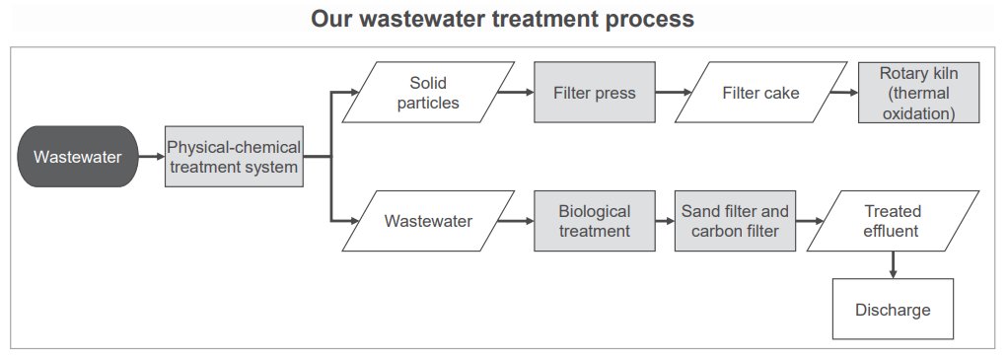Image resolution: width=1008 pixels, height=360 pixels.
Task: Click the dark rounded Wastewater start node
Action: [x=78, y=156]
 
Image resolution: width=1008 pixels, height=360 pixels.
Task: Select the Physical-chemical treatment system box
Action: [x=234, y=156]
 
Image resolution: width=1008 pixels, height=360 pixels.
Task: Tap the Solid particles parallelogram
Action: [x=428, y=92]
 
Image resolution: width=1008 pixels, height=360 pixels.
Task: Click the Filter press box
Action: [x=595, y=92]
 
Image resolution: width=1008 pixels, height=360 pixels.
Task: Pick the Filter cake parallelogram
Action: [x=760, y=92]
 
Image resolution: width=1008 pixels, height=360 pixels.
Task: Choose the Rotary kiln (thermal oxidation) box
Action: [x=918, y=92]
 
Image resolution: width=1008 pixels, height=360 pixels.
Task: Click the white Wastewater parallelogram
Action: [x=428, y=221]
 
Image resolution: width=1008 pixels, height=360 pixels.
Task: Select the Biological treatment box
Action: [x=595, y=221]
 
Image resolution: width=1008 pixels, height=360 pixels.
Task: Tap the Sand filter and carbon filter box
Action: [x=735, y=221]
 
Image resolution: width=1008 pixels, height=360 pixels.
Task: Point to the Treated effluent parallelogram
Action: [x=893, y=221]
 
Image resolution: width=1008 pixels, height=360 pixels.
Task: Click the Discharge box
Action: [x=893, y=310]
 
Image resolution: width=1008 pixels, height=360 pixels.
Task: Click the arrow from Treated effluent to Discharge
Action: [x=893, y=265]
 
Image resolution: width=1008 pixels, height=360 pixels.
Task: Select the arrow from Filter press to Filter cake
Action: [x=674, y=92]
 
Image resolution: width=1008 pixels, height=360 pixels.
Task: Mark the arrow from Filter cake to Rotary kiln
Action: [x=844, y=92]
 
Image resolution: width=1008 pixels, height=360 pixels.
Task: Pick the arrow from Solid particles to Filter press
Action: [x=516, y=92]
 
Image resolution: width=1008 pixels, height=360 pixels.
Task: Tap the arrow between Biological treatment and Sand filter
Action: [x=665, y=221]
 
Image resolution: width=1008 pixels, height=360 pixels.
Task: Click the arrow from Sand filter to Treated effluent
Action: [x=810, y=221]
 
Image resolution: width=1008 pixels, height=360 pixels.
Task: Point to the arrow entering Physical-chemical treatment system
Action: [x=152, y=156]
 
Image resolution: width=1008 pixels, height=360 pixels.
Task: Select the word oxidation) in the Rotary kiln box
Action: [x=918, y=113]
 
